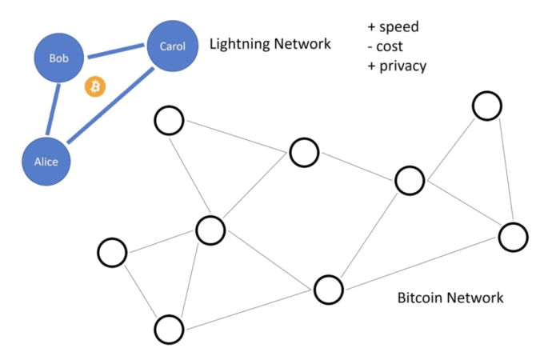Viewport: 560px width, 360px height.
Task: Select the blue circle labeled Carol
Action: click(172, 46)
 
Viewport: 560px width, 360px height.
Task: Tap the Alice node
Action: click(46, 161)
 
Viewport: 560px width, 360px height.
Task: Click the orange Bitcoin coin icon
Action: click(96, 86)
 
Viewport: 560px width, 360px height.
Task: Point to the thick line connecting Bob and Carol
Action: click(115, 53)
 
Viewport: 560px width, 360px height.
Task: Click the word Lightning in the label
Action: click(239, 44)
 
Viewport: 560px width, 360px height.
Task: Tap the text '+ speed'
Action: click(393, 27)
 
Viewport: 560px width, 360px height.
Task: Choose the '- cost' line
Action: click(386, 46)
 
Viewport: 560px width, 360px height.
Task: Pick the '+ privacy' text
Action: click(397, 66)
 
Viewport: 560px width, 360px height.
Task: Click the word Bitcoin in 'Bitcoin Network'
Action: click(421, 298)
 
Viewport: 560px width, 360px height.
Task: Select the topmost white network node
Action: click(486, 105)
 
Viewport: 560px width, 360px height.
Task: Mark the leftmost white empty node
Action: click(112, 252)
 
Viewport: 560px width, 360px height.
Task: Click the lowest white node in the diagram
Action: click(170, 329)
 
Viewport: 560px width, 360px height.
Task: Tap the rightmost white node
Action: click(513, 236)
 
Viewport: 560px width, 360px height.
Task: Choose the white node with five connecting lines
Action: click(210, 230)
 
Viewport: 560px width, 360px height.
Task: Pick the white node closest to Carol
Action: click(169, 121)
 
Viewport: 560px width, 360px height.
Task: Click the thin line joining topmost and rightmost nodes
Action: click(500, 170)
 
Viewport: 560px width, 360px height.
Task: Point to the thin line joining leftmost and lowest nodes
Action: click(141, 290)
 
